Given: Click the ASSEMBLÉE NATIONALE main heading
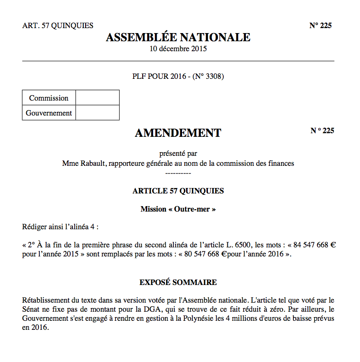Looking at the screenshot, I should pos(178,37).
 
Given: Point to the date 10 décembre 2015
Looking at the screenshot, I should pos(178,48).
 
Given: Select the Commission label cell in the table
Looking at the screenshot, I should pos(49,98).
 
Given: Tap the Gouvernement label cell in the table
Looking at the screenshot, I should pos(49,113).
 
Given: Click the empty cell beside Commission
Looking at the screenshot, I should pos(97,98).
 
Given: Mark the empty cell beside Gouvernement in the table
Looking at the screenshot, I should pos(97,113).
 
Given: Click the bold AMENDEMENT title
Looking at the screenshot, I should pos(178,133).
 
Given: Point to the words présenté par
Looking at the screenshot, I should pos(178,153).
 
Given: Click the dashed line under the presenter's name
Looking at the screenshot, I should pos(178,173).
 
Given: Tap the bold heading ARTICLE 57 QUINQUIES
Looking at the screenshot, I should pos(178,191).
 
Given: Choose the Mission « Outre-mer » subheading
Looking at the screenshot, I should pos(178,209).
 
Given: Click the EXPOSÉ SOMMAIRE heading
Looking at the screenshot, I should pos(178,282).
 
